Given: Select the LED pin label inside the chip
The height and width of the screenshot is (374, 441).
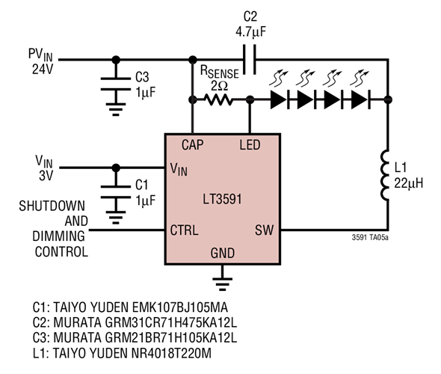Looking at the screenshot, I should tap(250, 144).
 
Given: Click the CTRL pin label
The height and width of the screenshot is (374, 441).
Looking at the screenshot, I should tap(185, 230).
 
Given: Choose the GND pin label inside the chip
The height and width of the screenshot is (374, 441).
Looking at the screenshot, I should tap(221, 254).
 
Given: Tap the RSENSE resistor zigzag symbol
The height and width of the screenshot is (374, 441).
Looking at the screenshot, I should tap(220, 99).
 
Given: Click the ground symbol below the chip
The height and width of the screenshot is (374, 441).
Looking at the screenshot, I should tap(221, 282).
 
